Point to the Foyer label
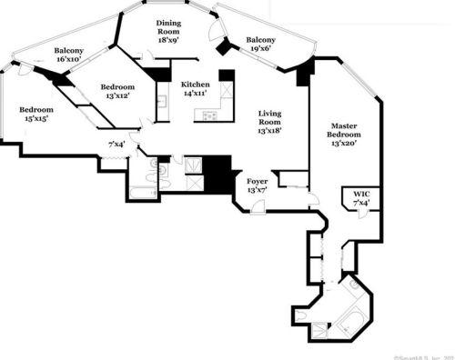(258, 182)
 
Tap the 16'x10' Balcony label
(69, 51)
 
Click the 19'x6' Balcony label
(261, 41)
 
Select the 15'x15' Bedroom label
(36, 110)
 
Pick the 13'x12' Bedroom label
(118, 87)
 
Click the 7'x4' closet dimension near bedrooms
(116, 144)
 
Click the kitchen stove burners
(208, 115)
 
